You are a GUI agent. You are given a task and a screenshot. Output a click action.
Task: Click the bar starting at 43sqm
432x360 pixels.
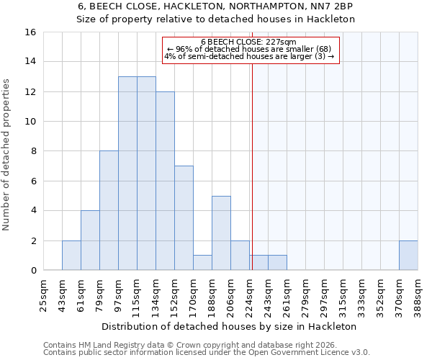[71, 255]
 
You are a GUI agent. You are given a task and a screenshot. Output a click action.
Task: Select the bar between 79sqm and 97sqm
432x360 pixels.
[109, 210]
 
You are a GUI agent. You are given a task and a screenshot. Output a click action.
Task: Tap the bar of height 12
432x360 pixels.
[165, 181]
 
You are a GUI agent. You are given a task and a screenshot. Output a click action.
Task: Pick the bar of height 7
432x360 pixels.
[184, 218]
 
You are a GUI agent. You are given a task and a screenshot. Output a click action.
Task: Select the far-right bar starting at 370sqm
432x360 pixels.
[408, 255]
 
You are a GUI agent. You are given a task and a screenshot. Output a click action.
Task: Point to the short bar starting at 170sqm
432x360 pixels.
[202, 263]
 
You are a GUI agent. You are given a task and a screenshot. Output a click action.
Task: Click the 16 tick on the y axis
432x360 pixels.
[31, 32]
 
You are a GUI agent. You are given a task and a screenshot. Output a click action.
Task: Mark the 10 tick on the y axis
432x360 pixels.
[31, 122]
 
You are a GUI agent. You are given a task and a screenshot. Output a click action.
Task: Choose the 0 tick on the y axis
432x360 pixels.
[33, 271]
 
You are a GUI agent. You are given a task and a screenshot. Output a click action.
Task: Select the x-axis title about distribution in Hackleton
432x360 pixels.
[230, 326]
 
